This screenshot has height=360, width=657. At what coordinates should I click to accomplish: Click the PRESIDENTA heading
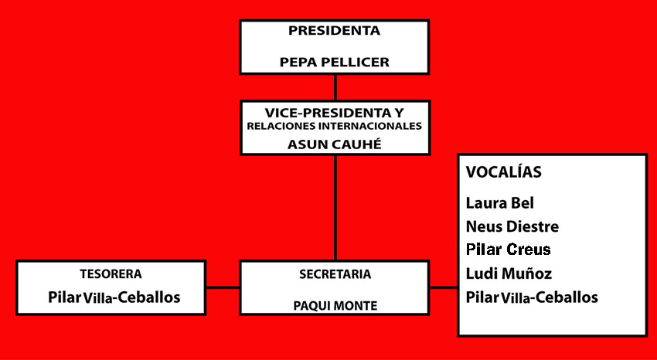[334, 32]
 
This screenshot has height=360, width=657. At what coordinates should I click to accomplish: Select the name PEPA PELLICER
[334, 62]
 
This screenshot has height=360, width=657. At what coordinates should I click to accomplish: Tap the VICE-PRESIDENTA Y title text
[334, 112]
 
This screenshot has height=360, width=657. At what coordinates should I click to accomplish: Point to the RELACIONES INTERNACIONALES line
[334, 126]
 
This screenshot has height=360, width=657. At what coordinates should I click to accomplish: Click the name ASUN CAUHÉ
[334, 143]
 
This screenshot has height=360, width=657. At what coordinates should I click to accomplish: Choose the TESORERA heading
[111, 273]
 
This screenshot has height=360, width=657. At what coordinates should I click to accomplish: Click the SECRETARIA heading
[335, 273]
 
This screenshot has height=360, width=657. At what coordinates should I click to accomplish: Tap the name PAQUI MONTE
[335, 305]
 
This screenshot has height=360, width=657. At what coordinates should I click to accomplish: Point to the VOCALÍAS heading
[503, 172]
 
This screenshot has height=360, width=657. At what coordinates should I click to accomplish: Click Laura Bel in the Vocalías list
[500, 203]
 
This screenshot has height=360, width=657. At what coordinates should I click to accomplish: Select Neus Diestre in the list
[512, 226]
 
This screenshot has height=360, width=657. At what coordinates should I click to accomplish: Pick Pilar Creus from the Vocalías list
[509, 250]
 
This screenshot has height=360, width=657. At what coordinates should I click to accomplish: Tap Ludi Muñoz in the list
[509, 273]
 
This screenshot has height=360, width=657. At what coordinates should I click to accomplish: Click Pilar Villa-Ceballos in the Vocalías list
[532, 297]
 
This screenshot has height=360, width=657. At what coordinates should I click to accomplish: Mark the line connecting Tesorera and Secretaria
[223, 288]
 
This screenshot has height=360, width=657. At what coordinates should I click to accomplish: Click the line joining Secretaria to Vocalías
[444, 288]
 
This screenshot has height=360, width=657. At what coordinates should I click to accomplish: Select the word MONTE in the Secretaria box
[356, 305]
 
